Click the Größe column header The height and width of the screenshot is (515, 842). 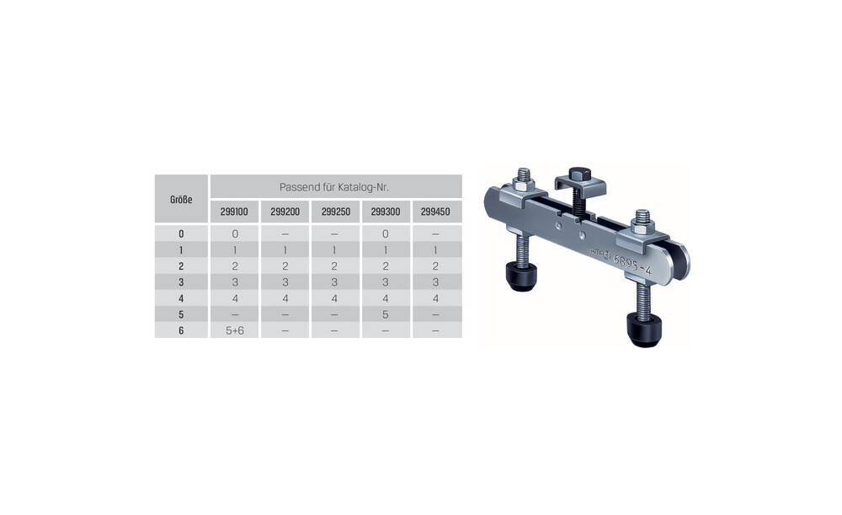(x=181, y=200)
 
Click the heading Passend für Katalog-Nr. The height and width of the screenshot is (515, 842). (x=334, y=188)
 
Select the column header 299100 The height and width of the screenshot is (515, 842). (x=234, y=212)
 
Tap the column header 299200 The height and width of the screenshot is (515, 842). (x=285, y=212)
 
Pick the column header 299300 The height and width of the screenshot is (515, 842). (x=386, y=212)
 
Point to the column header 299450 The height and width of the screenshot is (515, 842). (x=435, y=212)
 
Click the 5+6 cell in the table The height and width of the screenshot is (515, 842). (x=235, y=330)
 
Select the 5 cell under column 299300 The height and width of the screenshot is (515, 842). (x=386, y=314)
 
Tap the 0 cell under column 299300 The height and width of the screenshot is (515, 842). (x=386, y=233)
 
